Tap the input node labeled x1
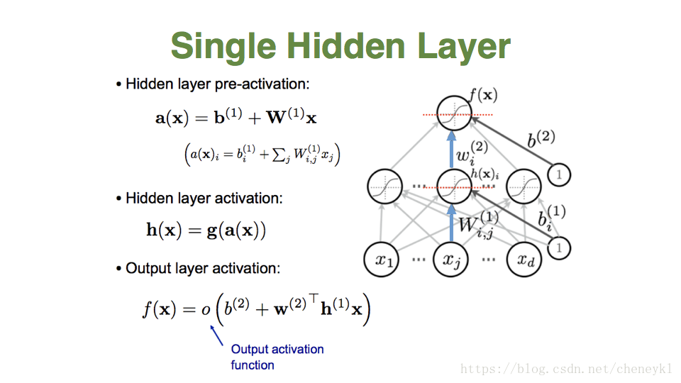coord(384,260)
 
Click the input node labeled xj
coord(453,260)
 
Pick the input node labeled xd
coord(525,260)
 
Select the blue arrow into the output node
coord(451,149)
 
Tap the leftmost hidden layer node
coord(384,187)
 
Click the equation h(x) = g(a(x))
coord(206,231)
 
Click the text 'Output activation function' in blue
coord(277,357)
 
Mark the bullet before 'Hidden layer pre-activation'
coord(118,84)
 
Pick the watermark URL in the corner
coord(565,370)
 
